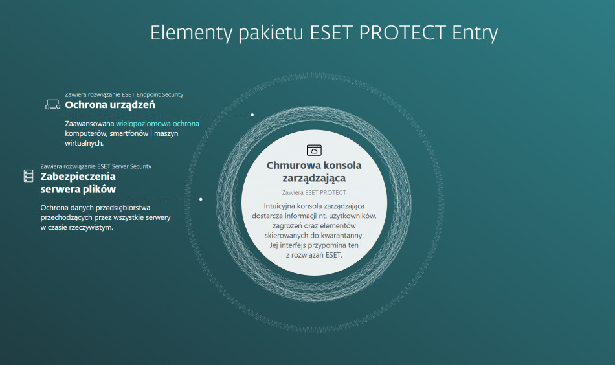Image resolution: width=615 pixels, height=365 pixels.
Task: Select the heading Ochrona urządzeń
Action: tap(109, 105)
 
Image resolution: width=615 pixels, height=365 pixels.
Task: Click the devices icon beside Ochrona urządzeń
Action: tap(52, 104)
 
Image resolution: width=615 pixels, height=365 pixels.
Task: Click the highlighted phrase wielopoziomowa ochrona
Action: tap(157, 123)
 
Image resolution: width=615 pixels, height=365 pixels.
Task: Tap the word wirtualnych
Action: tap(84, 143)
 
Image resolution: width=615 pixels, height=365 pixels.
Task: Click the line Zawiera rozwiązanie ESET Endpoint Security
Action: tap(124, 94)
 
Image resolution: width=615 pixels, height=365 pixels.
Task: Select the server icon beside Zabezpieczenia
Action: tap(28, 175)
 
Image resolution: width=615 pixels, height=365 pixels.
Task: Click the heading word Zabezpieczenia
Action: tap(78, 176)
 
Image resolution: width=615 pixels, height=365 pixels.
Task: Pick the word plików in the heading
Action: tap(99, 189)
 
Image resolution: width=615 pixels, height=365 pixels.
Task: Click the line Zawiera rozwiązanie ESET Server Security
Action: tap(95, 166)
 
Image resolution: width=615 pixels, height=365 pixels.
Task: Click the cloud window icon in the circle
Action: tap(314, 149)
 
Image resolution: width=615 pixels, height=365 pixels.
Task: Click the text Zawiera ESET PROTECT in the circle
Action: tap(314, 192)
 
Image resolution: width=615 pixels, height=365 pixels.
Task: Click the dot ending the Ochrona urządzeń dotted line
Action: tap(252, 115)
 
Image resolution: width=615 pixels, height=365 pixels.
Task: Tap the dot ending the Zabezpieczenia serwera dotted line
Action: tap(201, 199)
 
